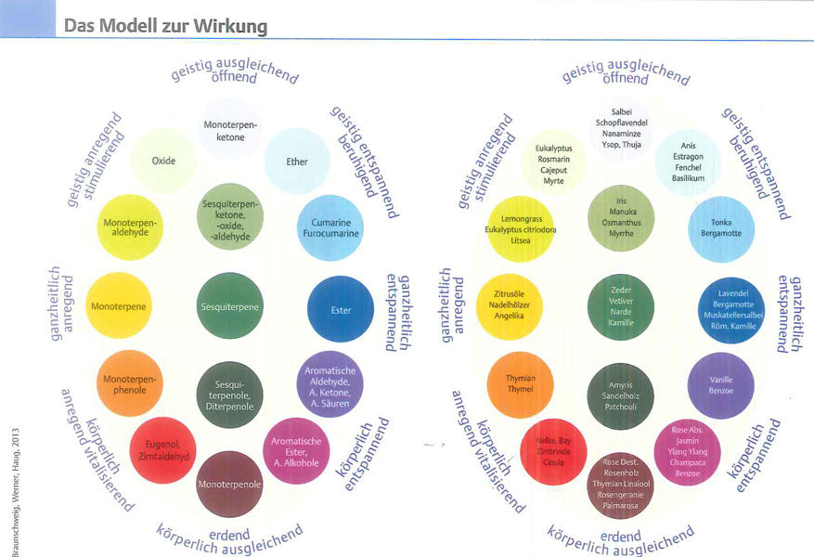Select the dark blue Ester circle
(x=340, y=309)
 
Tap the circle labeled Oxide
(x=163, y=161)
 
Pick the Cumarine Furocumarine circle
(x=329, y=227)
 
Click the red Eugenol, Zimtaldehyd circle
(x=162, y=451)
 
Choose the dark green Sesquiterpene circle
(x=230, y=305)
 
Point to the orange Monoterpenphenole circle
(x=130, y=383)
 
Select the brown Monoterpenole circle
(x=229, y=484)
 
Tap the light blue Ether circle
(x=297, y=162)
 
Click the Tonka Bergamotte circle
(x=720, y=228)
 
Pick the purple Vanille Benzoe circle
(x=720, y=384)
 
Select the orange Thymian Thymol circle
(x=521, y=384)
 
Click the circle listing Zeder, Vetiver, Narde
(x=621, y=305)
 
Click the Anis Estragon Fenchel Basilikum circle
(x=688, y=162)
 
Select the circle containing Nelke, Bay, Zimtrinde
(x=554, y=452)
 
